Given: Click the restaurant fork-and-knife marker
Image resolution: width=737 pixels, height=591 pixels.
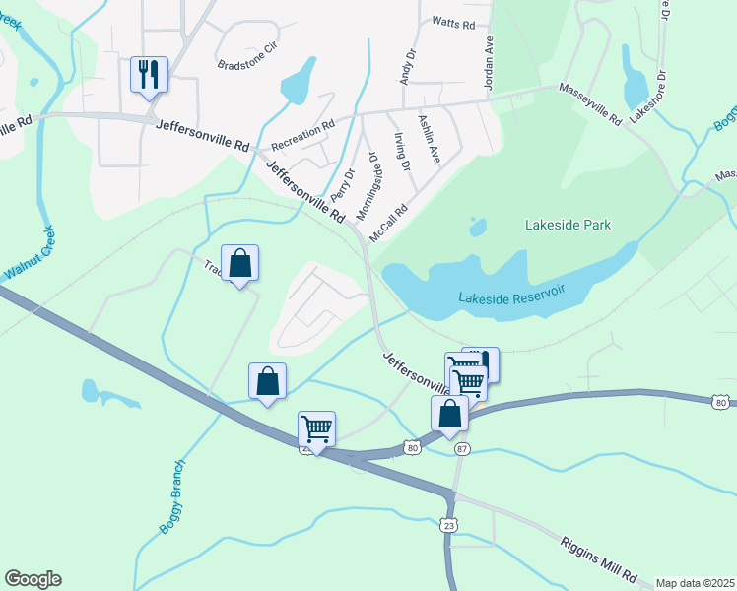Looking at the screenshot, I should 149,74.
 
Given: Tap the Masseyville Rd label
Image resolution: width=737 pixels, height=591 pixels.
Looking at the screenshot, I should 590,103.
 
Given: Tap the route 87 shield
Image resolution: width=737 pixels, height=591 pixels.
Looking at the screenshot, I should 462,449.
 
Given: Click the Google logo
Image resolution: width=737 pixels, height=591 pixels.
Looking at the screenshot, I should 33,579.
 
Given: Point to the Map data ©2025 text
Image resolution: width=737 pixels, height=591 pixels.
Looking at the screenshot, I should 695,583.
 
